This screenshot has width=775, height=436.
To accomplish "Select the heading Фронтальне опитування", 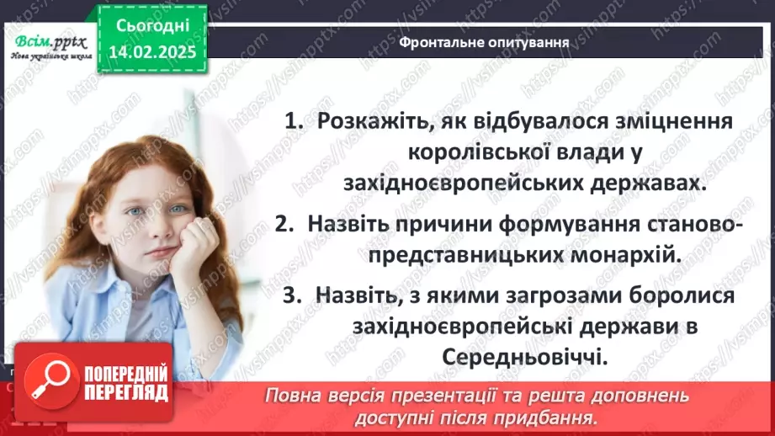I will point(482,41).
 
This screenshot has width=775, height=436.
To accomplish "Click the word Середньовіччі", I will point(523,357).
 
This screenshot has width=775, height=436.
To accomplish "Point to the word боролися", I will point(682,296).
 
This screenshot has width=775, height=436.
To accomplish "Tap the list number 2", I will point(283,225).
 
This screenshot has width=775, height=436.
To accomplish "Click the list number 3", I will point(290,296).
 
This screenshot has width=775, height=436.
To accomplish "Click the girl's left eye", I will point(178,209).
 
